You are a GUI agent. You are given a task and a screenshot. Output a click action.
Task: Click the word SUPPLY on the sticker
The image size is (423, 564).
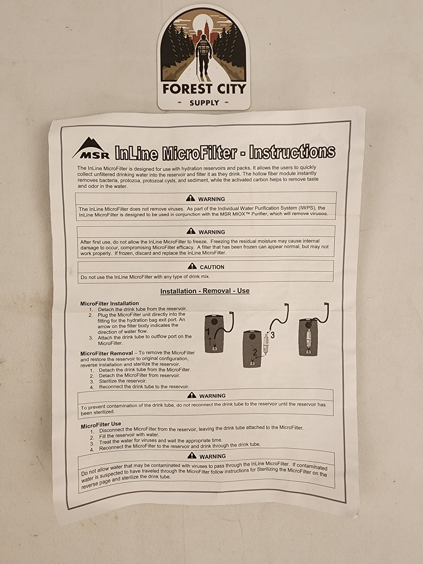click(204, 103)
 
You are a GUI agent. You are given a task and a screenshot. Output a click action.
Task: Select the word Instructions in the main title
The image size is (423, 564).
click(292, 152)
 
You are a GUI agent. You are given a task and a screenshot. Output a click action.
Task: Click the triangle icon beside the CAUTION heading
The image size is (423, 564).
click(192, 266)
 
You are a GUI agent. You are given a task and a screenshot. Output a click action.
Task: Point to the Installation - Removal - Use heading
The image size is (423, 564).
click(205, 291)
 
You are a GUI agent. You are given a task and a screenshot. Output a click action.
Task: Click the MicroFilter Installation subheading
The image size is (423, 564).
click(109, 304)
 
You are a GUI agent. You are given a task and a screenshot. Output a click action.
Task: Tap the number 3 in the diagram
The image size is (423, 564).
click(273, 335)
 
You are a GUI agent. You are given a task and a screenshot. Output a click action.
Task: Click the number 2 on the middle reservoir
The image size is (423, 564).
click(255, 352)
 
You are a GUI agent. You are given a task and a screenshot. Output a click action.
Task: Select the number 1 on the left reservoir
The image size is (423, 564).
click(208, 332)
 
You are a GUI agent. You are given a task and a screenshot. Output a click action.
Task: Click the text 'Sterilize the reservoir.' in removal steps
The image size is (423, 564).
click(123, 381)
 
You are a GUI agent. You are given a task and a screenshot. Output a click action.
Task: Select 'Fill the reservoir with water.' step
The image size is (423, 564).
click(129, 435)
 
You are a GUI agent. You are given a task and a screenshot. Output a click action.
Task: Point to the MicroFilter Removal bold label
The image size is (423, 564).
click(107, 353)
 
